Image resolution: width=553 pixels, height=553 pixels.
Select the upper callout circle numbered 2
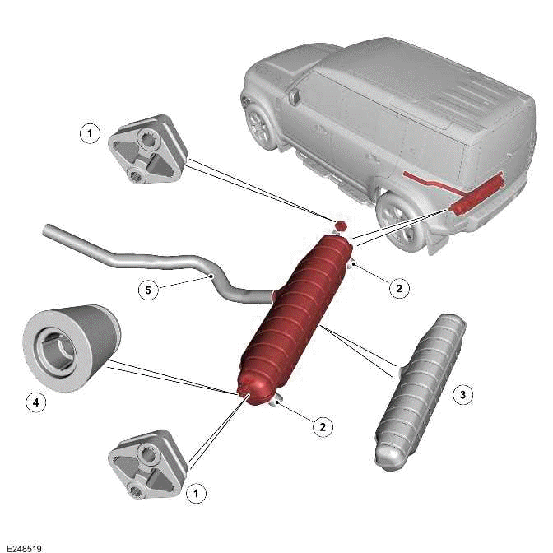coord(398,288)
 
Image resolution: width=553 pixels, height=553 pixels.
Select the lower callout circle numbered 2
coord(323,426)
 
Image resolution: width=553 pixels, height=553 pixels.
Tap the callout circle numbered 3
coord(463,395)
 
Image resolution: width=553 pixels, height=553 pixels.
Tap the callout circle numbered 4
coord(34,402)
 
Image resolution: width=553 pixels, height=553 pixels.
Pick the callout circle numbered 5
coord(146,290)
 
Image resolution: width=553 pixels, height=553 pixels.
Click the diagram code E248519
coord(22,546)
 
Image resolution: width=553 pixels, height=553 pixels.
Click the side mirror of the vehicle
coord(294,97)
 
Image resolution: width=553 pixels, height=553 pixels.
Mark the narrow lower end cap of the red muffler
coord(248,387)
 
